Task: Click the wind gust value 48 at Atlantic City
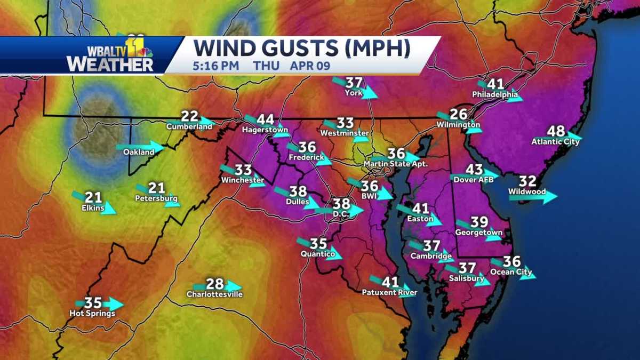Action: (556, 131)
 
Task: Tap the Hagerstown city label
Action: (265, 130)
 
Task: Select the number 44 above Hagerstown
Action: (265, 120)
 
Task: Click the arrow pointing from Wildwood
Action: (533, 197)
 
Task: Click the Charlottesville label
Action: (214, 294)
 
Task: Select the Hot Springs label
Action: (92, 314)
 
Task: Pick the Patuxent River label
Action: (389, 292)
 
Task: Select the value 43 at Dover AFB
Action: (474, 170)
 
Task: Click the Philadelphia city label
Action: (495, 94)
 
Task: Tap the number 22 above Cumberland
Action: (189, 117)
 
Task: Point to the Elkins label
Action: (93, 207)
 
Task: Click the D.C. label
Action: (340, 214)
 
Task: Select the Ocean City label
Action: (511, 272)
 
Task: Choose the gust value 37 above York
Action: (354, 83)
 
